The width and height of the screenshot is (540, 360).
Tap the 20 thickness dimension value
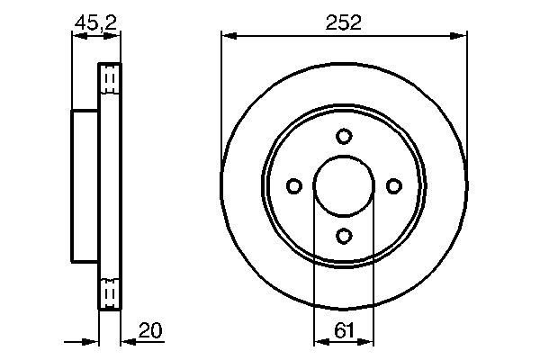coord(152,331)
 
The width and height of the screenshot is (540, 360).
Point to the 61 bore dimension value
coord(344,331)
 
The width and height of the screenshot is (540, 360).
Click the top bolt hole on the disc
coord(344,136)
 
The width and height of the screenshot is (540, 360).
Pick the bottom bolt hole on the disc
coord(344,235)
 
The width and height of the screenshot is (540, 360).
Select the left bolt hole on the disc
coord(294,185)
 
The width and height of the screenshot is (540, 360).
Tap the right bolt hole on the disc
coord(393,185)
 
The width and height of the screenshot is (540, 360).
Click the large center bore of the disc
coord(344,185)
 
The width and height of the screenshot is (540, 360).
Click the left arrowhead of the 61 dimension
coord(319,342)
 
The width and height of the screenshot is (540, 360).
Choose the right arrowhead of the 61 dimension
coord(368,342)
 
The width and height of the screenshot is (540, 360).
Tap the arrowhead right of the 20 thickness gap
coord(126,342)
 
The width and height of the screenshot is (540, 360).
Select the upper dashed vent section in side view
coord(109,81)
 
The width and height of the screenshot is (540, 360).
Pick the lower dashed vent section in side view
coord(109,291)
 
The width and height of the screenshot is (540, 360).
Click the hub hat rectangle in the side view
coord(85,185)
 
